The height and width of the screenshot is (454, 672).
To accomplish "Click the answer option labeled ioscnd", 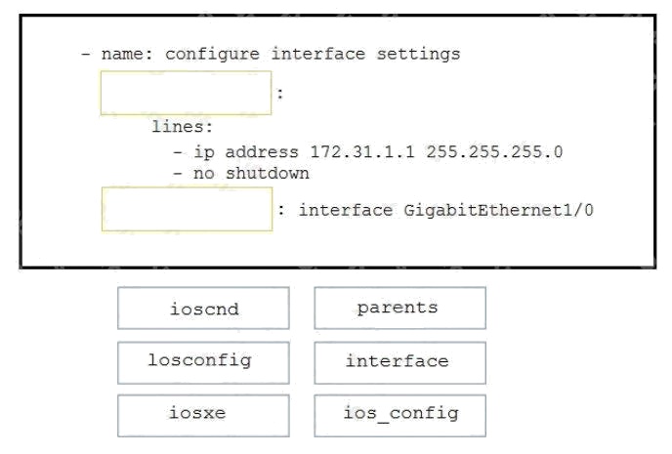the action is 203,309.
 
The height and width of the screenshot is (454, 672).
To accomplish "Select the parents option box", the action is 399,309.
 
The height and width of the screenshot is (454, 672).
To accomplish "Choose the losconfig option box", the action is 203,363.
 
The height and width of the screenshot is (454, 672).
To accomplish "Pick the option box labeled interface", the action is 399,363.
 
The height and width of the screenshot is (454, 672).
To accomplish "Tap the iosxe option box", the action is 203,416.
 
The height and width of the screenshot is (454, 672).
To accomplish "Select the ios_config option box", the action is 399,416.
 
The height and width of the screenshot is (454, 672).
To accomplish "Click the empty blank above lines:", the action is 186,93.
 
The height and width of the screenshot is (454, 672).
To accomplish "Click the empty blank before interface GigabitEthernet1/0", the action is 187,209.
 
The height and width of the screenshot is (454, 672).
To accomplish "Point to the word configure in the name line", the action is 212,55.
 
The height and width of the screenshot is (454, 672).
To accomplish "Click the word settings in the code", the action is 418,55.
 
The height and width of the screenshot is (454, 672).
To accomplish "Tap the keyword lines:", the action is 182,127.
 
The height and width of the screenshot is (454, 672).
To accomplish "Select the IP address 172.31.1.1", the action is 362,152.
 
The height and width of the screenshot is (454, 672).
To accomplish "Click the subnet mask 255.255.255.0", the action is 494,152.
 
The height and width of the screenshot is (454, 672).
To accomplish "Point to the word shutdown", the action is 267,174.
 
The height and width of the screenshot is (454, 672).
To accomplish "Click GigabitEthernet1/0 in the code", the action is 498,210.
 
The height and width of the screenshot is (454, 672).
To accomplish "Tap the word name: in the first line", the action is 127,55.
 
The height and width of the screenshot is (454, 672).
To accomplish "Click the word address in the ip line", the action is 262,152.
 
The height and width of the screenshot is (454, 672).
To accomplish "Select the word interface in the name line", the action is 318,54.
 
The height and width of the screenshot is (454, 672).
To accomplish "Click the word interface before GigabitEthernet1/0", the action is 346,210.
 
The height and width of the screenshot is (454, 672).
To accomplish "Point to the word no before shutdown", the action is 203,174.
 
